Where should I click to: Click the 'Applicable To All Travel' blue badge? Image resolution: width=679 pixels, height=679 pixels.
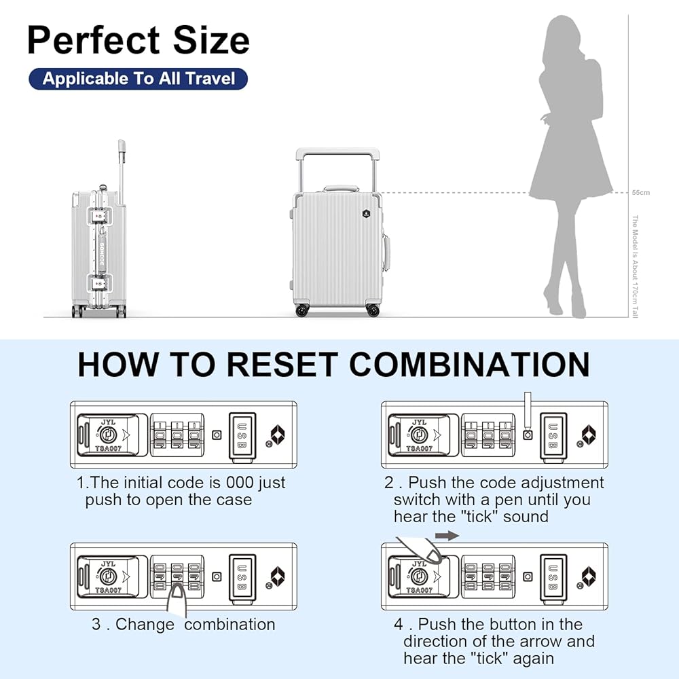139,79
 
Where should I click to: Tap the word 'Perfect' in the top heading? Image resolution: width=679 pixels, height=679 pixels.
92,41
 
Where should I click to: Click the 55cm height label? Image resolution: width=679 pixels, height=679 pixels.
640,193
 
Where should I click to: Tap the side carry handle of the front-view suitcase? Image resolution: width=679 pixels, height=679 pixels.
386,253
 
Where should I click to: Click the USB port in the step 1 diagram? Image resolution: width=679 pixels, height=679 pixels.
242,435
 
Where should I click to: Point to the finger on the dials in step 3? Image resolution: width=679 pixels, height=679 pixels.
178,598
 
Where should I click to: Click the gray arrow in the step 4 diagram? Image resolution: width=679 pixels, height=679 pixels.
447,536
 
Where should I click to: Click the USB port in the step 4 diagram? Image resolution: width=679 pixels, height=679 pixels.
553,576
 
